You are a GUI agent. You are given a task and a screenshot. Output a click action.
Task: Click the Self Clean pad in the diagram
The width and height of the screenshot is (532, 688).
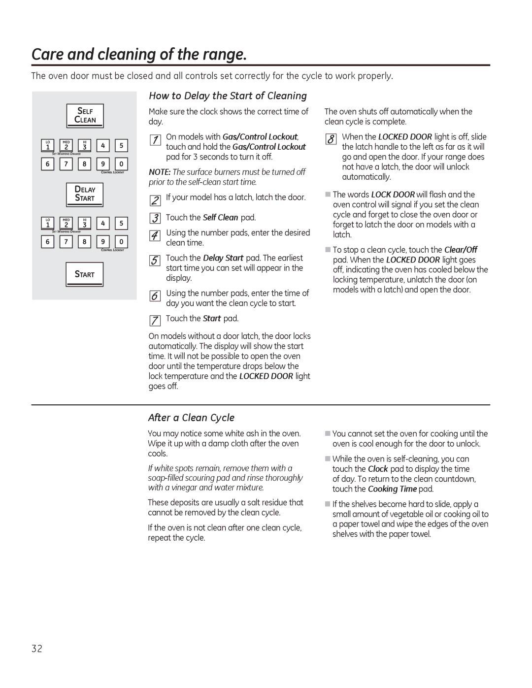coord(85,116)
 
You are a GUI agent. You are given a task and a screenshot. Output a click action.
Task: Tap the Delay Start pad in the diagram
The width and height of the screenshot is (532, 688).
coord(85,194)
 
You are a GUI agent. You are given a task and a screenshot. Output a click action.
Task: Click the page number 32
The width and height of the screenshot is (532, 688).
coord(37,649)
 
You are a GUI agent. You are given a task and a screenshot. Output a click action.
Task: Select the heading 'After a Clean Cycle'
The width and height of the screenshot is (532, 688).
coord(191,418)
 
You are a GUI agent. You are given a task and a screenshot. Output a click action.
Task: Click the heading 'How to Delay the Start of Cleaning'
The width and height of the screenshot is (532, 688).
coord(228,96)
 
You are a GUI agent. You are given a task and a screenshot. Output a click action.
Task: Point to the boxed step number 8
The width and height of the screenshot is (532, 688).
coord(331,139)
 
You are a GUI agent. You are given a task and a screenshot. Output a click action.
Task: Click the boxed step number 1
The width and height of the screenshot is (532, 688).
coord(155,140)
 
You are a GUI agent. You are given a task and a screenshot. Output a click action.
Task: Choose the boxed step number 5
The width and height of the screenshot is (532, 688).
coord(155,261)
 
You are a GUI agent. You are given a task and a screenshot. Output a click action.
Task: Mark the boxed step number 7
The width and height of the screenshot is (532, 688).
coord(155,321)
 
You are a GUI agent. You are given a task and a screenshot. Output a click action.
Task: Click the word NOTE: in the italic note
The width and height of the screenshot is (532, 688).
coord(160,172)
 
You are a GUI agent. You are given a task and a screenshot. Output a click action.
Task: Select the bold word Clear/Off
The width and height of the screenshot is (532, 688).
coord(461,250)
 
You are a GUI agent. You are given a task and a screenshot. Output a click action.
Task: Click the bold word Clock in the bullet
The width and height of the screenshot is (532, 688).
coord(378,469)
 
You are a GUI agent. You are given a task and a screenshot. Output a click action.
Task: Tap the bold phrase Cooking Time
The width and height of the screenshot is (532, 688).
coord(392,489)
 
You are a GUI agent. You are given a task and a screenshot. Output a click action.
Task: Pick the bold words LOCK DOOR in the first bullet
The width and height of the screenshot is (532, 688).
coord(393,195)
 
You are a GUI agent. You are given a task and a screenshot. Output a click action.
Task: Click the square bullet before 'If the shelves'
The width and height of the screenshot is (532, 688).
coord(328,504)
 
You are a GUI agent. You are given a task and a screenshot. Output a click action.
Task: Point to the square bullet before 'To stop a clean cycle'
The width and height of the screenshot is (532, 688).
coord(328,250)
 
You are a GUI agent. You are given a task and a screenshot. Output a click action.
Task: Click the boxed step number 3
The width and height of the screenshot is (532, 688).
coord(155,218)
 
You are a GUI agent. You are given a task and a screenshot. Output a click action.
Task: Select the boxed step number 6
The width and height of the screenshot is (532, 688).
coord(155,296)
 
